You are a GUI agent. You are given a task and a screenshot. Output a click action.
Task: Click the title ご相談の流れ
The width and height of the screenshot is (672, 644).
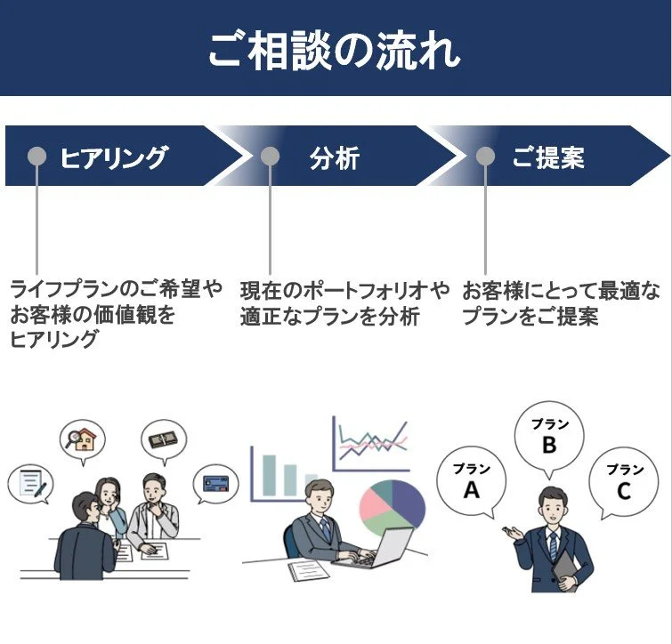click(336, 50)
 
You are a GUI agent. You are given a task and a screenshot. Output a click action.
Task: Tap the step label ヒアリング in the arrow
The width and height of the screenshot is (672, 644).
click(113, 158)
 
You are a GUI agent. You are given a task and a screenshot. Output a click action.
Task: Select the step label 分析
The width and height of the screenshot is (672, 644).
click(335, 158)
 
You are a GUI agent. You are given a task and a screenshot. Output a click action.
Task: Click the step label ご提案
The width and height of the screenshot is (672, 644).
click(548, 158)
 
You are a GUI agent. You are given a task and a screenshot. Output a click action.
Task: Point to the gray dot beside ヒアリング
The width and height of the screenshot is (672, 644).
click(37, 157)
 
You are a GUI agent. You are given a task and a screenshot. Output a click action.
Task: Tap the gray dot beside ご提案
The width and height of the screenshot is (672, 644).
click(485, 157)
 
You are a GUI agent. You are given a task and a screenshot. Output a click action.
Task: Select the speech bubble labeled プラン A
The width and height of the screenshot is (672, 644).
click(471, 482)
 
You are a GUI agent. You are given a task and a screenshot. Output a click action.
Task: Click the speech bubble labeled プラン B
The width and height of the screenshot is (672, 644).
click(548, 438)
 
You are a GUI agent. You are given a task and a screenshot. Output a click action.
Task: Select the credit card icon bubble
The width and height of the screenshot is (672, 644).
click(216, 484)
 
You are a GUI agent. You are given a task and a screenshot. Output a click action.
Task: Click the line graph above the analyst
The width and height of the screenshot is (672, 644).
click(372, 442)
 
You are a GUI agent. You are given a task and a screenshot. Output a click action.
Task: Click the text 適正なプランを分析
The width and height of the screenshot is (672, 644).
click(329, 318)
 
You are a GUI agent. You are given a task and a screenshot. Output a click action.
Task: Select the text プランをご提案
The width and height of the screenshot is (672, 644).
click(530, 318)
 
